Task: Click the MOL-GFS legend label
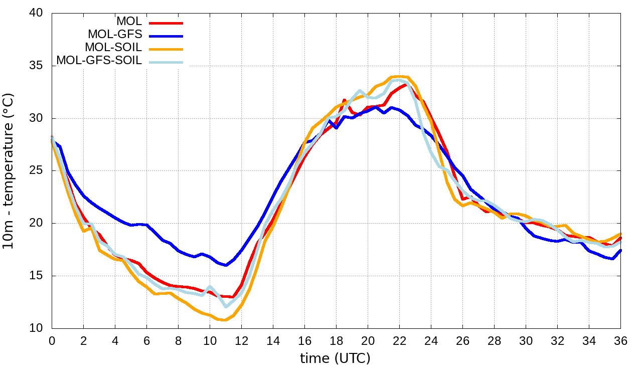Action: point(115,35)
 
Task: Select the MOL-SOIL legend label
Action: point(113,48)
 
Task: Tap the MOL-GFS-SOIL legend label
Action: point(99,61)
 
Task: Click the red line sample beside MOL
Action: point(166,23)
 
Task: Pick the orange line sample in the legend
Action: point(166,49)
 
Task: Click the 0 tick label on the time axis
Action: point(52,340)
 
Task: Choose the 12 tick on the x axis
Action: point(241,340)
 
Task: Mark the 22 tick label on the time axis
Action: point(399,340)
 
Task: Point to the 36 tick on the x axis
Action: point(620,340)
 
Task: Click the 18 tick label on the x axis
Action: point(336,340)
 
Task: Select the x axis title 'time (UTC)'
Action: point(335,358)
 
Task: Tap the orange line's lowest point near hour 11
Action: point(225,320)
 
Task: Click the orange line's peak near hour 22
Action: point(399,77)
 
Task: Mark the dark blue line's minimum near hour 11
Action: point(226,265)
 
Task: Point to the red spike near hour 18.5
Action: point(344,101)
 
